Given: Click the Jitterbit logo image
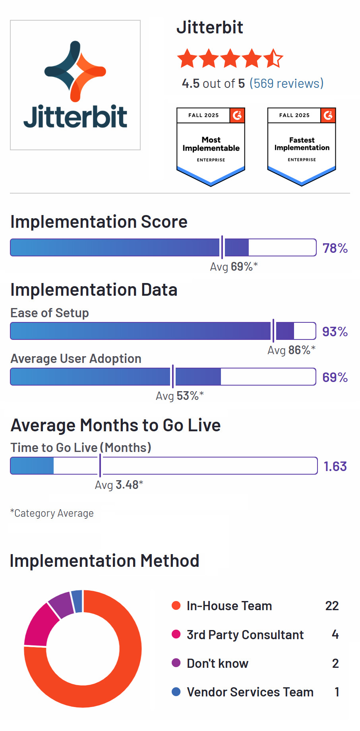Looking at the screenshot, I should pos(75,85).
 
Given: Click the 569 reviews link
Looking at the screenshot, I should pos(286,83).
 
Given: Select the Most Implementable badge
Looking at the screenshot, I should pos(211,146).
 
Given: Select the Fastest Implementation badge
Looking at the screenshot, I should pos(302,146).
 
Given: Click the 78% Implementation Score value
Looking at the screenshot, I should pos(335,248).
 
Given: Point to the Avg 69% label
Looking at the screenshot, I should pos(234,266).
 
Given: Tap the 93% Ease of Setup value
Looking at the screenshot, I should pos(335,332).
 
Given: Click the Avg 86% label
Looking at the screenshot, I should pos(291,350).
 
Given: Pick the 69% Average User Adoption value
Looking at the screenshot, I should pos(335,377).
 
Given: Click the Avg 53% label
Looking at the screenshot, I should pos(180,396).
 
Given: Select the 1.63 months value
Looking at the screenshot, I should pos(335,466).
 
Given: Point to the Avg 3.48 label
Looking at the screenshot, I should pos(119,485).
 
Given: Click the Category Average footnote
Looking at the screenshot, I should pos(52,513).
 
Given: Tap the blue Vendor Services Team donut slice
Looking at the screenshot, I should pos(77,601).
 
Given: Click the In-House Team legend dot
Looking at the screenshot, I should pos(176,605).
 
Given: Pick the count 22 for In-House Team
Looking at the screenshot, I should pos(332,606).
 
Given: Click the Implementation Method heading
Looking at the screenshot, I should pos(104,561).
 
